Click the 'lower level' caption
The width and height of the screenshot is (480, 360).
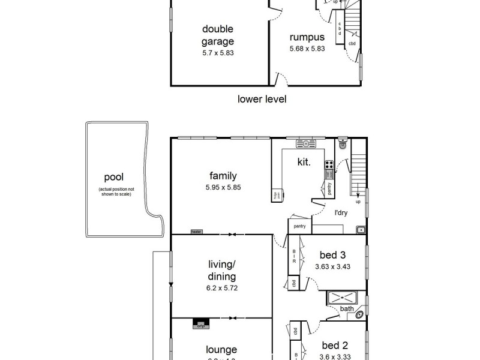[262, 99]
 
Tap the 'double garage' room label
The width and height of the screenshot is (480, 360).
[218, 35]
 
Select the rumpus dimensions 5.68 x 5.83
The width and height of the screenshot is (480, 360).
[307, 49]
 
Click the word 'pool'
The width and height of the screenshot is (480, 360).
[113, 177]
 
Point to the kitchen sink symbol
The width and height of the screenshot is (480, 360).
[306, 144]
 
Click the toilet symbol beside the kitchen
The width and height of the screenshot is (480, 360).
[343, 144]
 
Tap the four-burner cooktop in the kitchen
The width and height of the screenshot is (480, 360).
[329, 163]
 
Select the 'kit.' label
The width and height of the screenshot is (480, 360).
[304, 162]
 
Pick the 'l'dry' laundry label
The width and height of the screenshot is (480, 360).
[341, 212]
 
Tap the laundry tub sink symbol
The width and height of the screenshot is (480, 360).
[360, 229]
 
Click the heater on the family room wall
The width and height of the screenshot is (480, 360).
[196, 231]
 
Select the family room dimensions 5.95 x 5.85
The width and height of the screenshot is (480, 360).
[223, 187]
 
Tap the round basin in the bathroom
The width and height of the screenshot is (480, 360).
[359, 313]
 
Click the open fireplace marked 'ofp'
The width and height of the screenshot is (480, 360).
[200, 325]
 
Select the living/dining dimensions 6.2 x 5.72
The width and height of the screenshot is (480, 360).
[222, 287]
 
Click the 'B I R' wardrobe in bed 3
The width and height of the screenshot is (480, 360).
[295, 257]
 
